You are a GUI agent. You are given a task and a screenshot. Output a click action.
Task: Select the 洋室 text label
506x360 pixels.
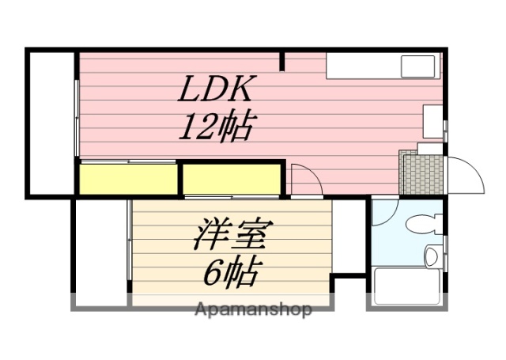pos(230,235)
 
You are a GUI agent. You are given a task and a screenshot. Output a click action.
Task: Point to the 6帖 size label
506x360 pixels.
pos(230,272)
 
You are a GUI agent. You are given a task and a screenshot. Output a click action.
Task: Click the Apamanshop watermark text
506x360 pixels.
pos(253,309)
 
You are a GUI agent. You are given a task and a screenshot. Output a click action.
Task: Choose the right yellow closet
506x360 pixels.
pos(232,179)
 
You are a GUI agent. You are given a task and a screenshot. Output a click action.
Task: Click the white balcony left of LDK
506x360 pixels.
pos(51,122)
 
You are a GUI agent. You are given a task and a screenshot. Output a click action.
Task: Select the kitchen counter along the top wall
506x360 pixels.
pos(383,66)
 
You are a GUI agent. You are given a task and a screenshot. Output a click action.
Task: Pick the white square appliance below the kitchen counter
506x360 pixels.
pos(433,121)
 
